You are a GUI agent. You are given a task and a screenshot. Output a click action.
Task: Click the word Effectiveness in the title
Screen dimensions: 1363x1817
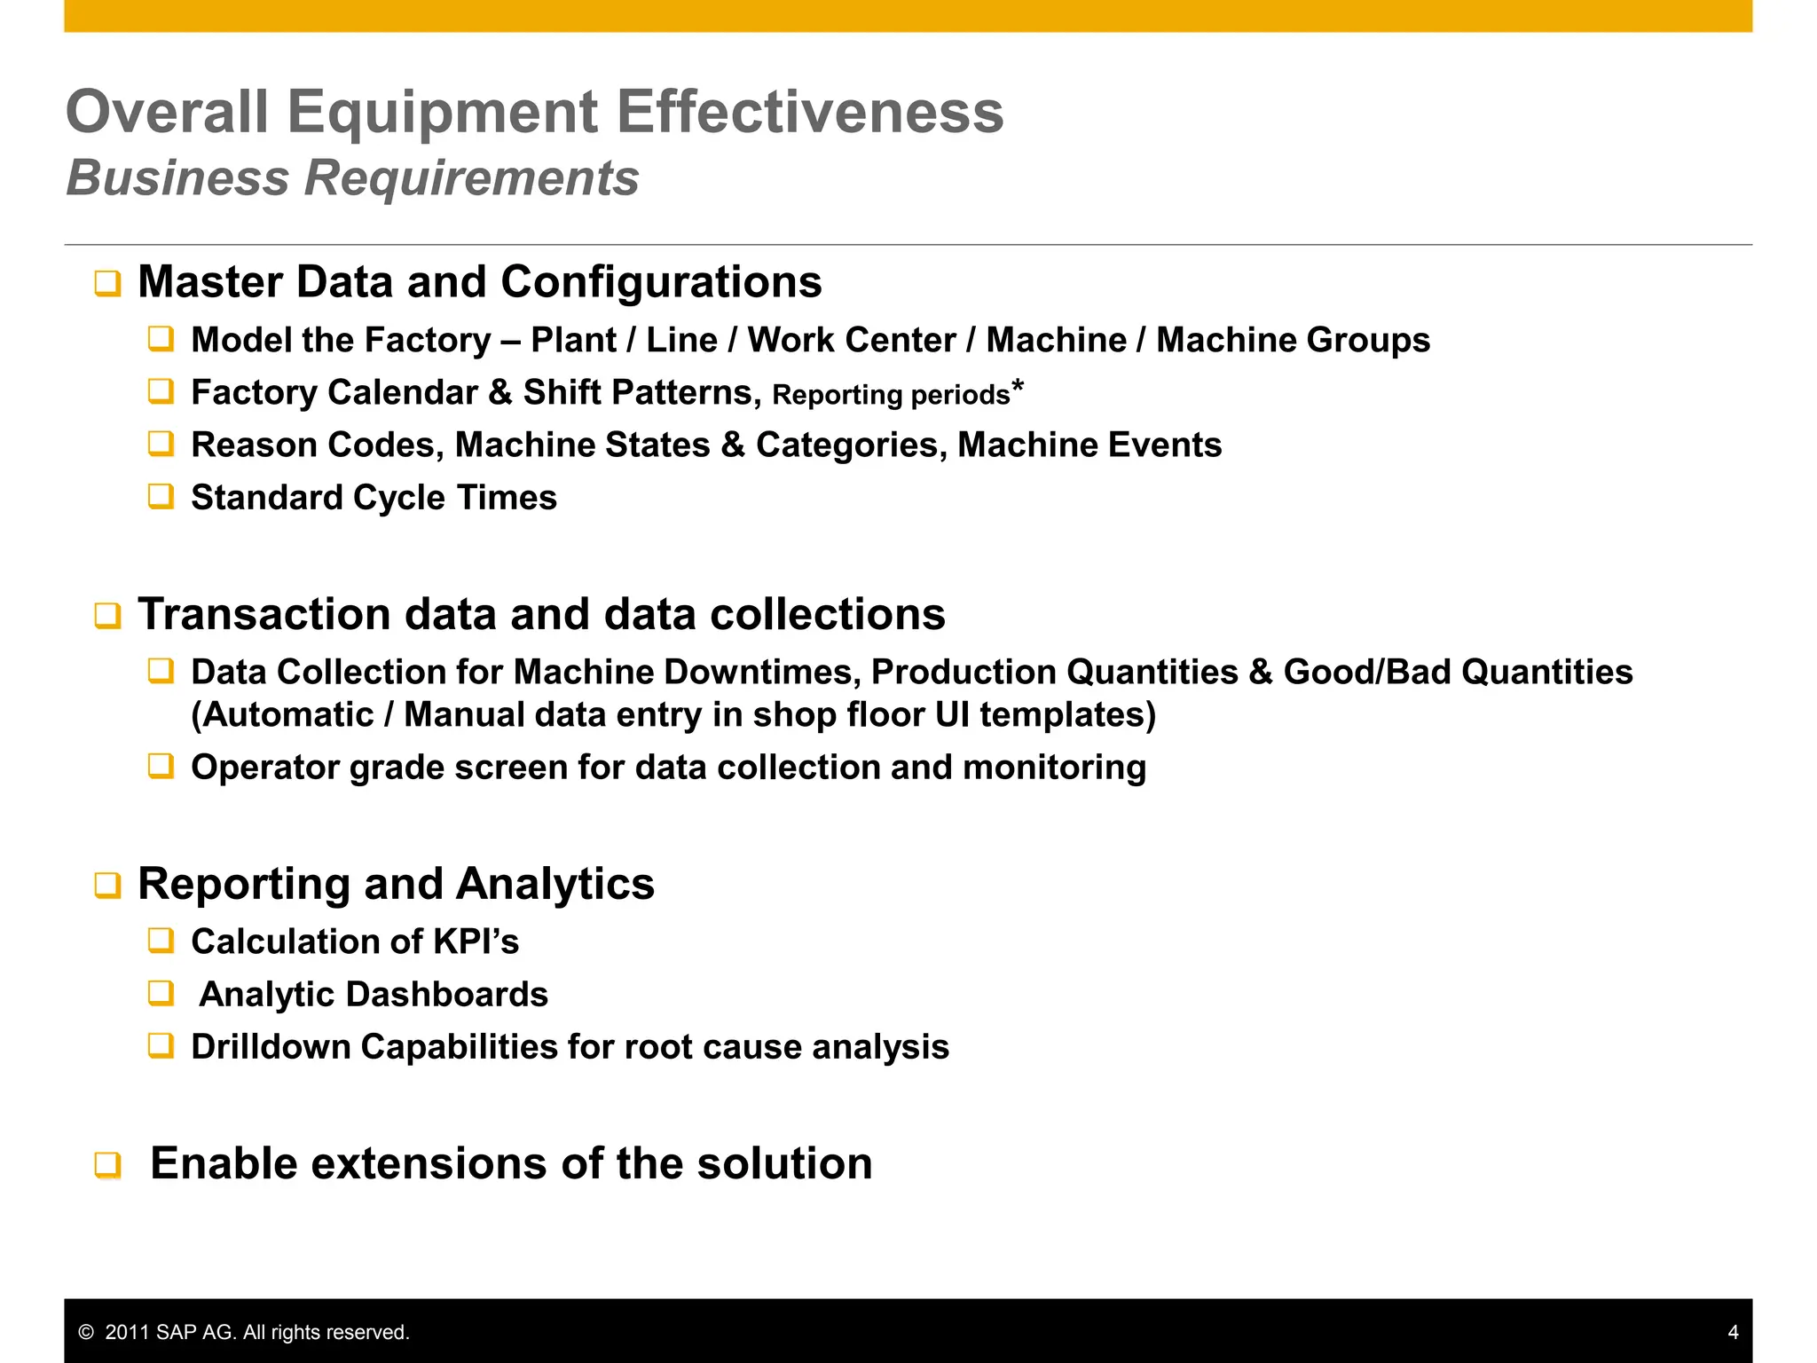click(809, 113)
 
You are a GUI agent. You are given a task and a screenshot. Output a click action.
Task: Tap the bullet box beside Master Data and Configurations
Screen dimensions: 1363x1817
click(107, 284)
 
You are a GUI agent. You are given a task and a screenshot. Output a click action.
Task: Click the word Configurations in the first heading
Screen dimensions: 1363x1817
click(661, 282)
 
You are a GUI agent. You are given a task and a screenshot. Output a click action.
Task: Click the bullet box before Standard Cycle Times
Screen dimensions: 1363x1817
click(161, 496)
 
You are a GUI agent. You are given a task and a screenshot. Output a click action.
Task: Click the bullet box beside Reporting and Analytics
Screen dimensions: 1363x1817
click(107, 886)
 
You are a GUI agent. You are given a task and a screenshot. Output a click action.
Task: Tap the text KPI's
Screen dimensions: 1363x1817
click(476, 941)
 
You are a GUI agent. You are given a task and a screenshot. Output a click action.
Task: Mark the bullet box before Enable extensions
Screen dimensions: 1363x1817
click(107, 1165)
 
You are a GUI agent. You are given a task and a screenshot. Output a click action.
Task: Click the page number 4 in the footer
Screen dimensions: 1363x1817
click(1733, 1332)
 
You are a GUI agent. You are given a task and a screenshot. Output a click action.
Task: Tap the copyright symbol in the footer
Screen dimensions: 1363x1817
click(86, 1332)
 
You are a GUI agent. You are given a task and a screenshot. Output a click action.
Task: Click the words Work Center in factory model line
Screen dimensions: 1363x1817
click(852, 340)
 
